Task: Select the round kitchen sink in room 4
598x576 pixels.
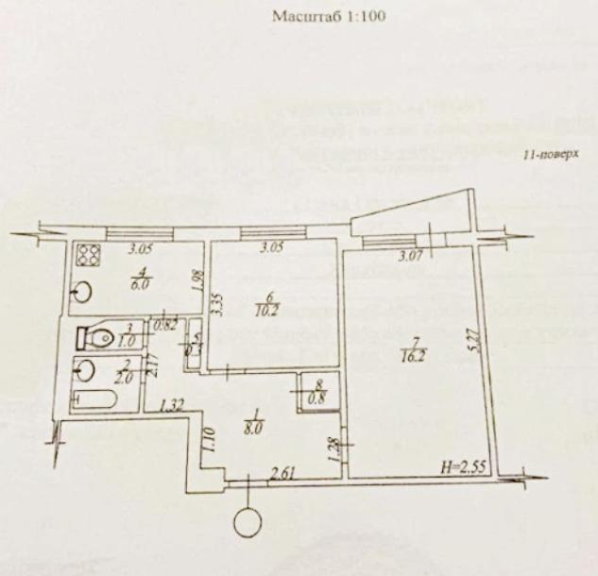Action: (x=82, y=291)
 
